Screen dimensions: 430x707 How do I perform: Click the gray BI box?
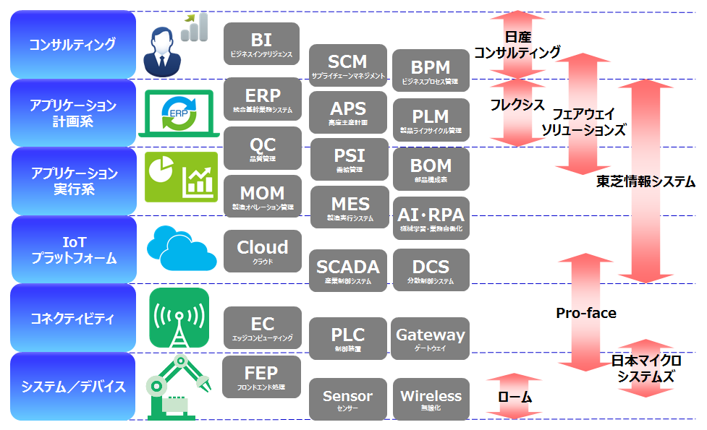(261, 44)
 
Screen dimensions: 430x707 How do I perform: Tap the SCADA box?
(347, 270)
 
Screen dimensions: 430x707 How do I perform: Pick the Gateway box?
(430, 338)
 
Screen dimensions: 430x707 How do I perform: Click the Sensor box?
(347, 399)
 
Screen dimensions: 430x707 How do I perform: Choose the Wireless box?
(431, 399)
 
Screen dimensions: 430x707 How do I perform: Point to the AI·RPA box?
(431, 218)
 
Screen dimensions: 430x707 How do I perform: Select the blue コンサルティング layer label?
(72, 44)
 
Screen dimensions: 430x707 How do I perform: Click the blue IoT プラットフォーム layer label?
(72, 249)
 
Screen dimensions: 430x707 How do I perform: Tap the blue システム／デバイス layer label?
(72, 386)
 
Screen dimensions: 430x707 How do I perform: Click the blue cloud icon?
(181, 248)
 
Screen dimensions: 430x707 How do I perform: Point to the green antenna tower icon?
(179, 318)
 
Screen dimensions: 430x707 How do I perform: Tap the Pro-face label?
(586, 313)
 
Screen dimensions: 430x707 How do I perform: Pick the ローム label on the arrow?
(515, 397)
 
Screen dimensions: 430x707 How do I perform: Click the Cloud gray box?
(262, 251)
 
